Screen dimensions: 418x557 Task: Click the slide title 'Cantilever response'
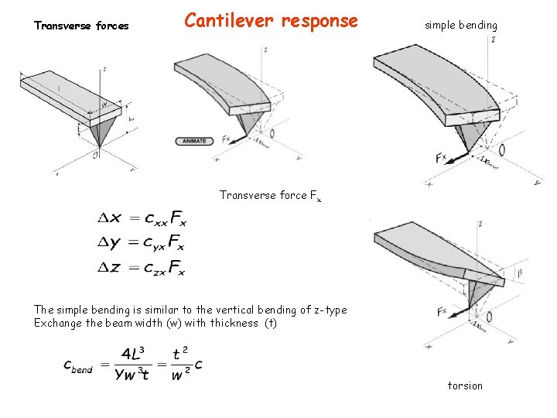(x=271, y=21)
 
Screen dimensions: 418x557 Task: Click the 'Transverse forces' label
(x=81, y=26)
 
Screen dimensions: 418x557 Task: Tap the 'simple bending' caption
(x=460, y=26)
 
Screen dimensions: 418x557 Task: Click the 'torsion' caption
(x=465, y=385)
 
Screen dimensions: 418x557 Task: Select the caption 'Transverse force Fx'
(x=269, y=196)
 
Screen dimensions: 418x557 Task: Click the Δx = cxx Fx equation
(x=141, y=219)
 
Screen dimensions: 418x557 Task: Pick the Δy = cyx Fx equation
(x=141, y=243)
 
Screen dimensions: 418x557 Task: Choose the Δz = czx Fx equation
(x=141, y=268)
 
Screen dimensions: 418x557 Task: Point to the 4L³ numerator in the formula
(x=136, y=354)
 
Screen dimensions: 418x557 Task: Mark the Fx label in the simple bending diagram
(x=441, y=158)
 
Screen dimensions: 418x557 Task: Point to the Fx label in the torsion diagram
(x=442, y=311)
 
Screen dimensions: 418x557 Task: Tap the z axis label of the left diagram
(x=104, y=69)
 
